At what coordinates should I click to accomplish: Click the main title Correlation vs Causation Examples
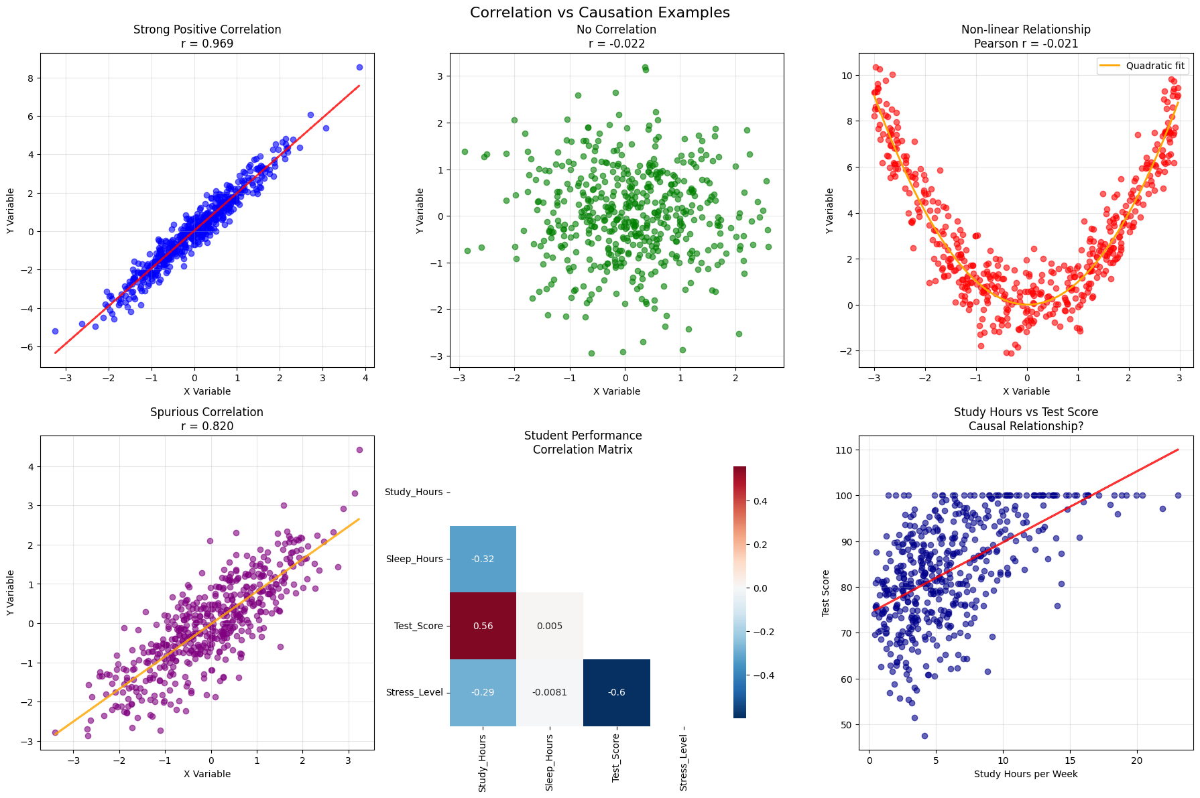coord(599,13)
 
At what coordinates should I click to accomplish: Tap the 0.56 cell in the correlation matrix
coord(483,626)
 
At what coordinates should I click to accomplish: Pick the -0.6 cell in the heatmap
coord(617,692)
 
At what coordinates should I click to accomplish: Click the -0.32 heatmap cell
coord(483,559)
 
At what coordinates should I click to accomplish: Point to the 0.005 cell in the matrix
coord(550,626)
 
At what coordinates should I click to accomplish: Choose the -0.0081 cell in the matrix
coord(550,692)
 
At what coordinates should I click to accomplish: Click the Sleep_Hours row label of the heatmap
coord(414,559)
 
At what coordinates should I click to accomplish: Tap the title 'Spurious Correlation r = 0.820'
coord(207,419)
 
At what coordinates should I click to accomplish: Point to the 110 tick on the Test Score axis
coord(845,450)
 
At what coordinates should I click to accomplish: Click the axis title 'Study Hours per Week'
coord(1026,774)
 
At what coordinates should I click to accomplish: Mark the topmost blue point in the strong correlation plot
coord(359,67)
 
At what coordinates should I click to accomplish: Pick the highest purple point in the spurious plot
coord(359,450)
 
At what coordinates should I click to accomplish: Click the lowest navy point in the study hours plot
coord(924,736)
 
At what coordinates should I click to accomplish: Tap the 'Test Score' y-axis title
coord(826,593)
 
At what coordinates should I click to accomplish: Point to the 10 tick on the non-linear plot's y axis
coord(848,76)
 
